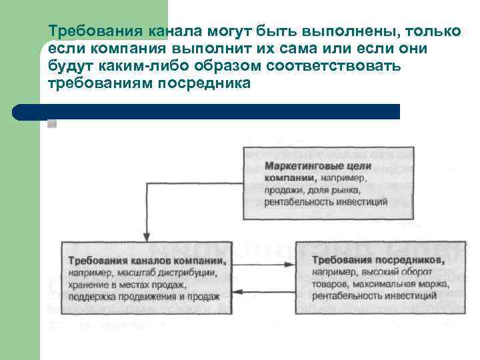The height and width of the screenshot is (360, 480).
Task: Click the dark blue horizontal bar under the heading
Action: [x=220, y=111]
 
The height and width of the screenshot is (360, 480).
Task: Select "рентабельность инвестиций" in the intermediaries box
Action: [x=373, y=295]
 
